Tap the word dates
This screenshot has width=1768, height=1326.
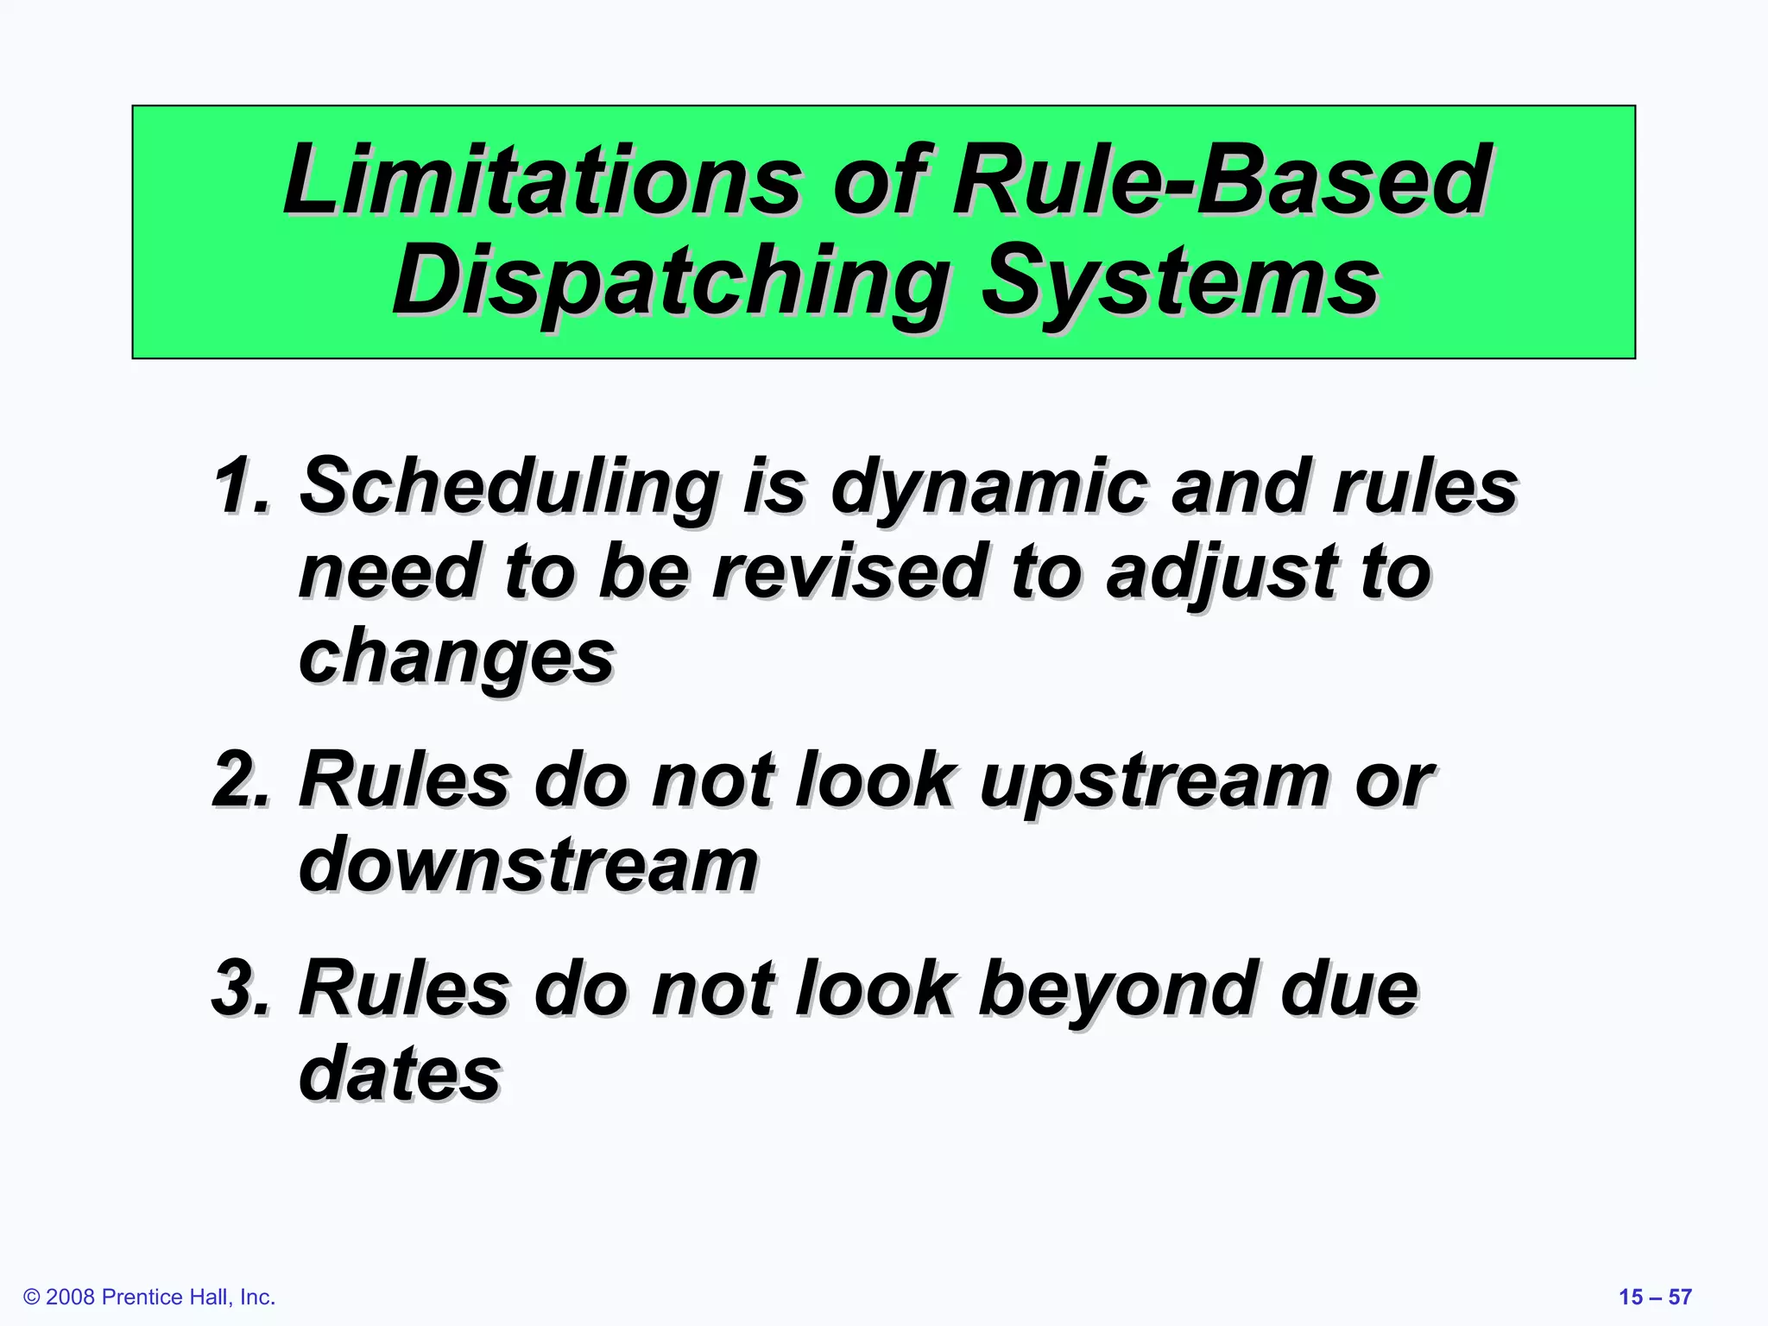400,1073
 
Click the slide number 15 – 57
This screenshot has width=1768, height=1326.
1654,1297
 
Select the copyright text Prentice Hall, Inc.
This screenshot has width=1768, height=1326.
188,1297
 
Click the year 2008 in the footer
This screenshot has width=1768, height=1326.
71,1297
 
